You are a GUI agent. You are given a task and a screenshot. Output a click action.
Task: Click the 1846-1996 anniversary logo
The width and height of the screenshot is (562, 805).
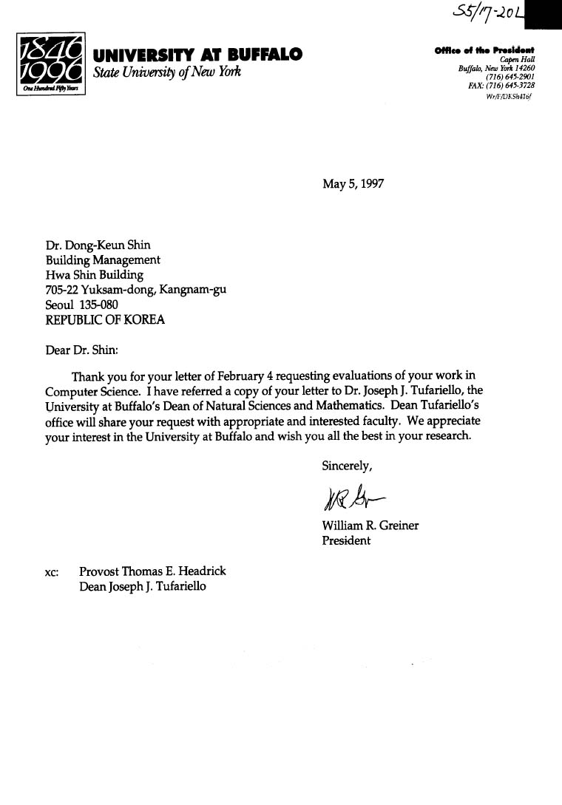click(50, 64)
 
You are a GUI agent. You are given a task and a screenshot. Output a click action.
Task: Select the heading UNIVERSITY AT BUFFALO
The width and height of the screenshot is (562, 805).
click(197, 55)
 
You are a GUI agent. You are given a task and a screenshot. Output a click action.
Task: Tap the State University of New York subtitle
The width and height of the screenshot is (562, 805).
click(167, 72)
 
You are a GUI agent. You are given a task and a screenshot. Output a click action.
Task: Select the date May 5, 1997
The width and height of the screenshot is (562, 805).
click(353, 184)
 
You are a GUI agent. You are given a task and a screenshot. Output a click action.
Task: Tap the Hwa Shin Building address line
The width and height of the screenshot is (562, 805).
click(95, 275)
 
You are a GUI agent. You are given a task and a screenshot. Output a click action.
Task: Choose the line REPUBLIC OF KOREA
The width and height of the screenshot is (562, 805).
click(105, 320)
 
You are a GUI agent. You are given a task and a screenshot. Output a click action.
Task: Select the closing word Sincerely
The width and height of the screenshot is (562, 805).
click(347, 466)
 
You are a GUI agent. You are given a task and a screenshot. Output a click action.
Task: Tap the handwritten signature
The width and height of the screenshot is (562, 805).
click(354, 497)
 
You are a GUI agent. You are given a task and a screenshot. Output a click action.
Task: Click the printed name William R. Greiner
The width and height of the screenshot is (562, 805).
click(370, 526)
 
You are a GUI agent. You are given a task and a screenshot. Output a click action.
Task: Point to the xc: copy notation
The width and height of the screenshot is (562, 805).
click(53, 572)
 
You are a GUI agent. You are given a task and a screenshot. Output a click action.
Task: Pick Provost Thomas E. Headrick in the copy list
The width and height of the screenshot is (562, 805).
click(152, 571)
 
